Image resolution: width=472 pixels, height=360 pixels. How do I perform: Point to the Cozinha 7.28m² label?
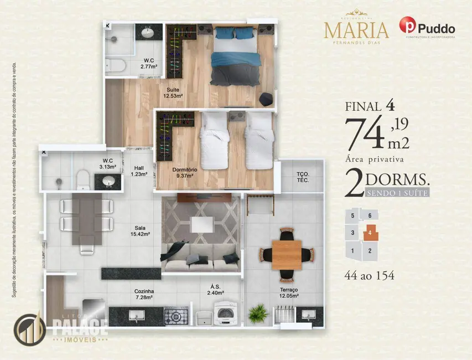coord(144,294)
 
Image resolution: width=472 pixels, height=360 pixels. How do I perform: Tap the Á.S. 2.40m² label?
coord(216,290)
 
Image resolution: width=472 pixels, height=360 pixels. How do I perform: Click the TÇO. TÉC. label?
coord(302,177)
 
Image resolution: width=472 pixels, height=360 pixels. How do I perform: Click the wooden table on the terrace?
coord(287,254)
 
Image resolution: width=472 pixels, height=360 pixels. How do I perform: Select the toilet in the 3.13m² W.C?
coord(83,178)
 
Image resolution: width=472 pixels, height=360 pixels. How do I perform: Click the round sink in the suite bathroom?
coord(148,33)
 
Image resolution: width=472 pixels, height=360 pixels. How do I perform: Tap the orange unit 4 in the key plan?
coord(370,233)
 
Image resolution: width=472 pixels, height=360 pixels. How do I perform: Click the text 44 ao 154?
coord(370,275)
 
